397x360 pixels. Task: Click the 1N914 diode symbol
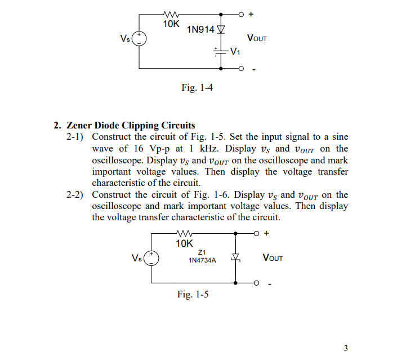point(221,29)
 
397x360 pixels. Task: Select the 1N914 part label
point(200,29)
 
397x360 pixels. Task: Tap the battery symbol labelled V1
point(220,52)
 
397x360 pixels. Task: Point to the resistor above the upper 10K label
point(171,14)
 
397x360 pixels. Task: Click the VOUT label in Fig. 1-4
point(257,38)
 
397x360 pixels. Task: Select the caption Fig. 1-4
point(197,87)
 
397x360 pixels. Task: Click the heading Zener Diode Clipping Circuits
point(131,125)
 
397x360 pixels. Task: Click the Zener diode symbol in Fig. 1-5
point(237,259)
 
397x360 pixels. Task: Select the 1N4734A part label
point(202,261)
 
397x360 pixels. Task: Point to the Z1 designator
point(202,252)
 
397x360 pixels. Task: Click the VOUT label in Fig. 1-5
point(273,258)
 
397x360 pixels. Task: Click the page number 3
point(346,347)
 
